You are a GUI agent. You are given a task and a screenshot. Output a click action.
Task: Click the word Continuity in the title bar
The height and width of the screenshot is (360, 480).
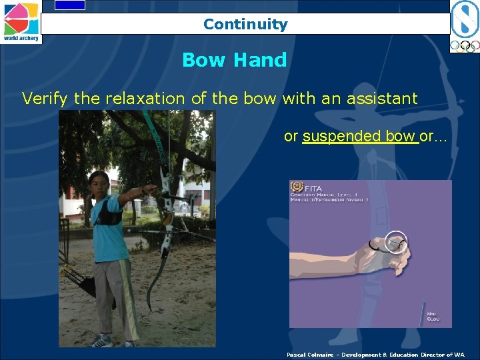click(245, 25)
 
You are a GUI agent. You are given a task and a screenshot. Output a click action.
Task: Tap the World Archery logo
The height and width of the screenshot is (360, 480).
click(21, 22)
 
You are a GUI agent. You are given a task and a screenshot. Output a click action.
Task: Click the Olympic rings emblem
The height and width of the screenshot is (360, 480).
click(464, 46)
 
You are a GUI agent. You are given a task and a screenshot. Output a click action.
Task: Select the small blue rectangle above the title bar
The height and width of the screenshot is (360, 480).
click(70, 5)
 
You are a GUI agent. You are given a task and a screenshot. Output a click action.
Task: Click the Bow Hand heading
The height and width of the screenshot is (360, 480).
click(234, 60)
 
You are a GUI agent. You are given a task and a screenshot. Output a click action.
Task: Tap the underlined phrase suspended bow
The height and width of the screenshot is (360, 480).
click(359, 136)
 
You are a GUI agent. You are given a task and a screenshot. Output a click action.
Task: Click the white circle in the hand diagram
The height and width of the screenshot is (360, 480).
click(396, 243)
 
